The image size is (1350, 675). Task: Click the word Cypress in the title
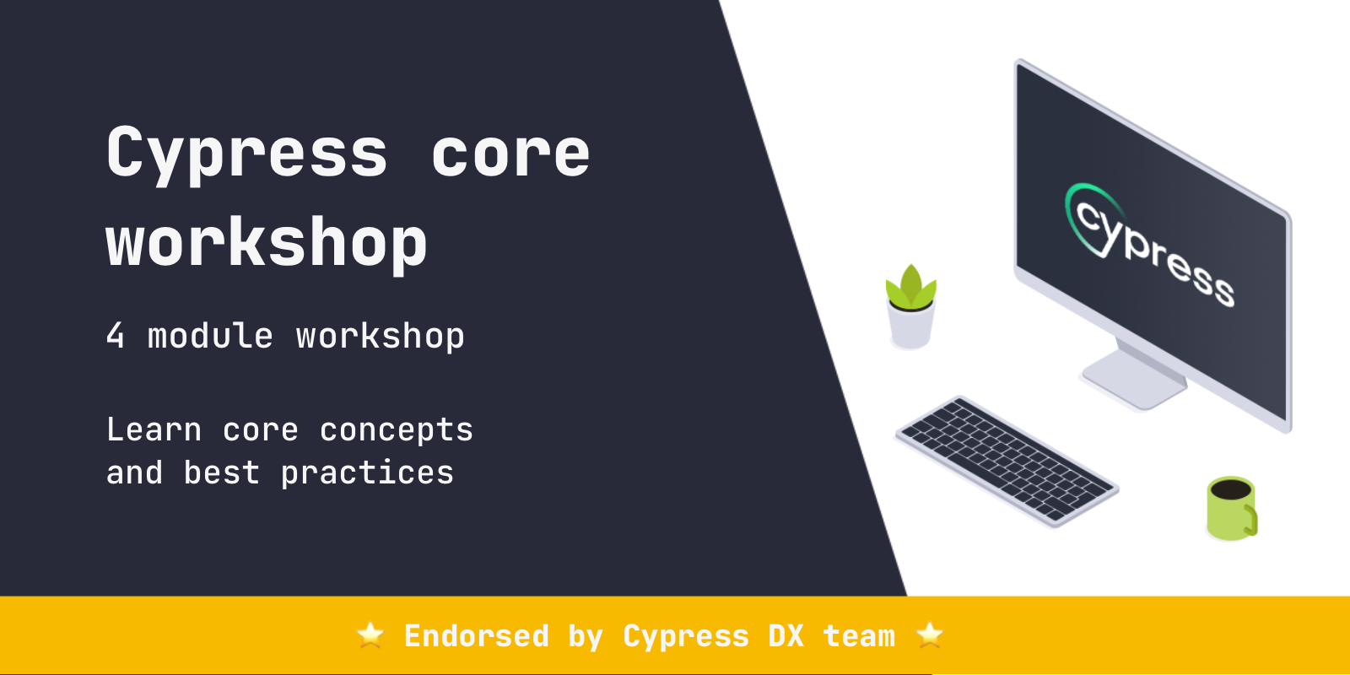(246, 154)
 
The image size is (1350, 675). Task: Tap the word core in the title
(510, 154)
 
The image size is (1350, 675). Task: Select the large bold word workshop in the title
(267, 243)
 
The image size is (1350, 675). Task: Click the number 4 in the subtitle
(116, 336)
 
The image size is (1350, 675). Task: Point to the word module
(210, 336)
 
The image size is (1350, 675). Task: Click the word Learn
(154, 430)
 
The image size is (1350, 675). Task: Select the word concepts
(397, 430)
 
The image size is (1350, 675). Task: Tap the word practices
(367, 473)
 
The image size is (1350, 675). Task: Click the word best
(221, 473)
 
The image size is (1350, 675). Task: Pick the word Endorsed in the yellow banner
(477, 636)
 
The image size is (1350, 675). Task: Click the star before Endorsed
(370, 634)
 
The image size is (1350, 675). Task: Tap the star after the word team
(930, 634)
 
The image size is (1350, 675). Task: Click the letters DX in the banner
(786, 636)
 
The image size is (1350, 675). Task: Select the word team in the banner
(859, 636)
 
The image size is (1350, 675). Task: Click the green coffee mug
(1231, 508)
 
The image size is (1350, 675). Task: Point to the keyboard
(1007, 461)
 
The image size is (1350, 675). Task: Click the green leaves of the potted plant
(910, 288)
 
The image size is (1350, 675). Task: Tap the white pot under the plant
(910, 329)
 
